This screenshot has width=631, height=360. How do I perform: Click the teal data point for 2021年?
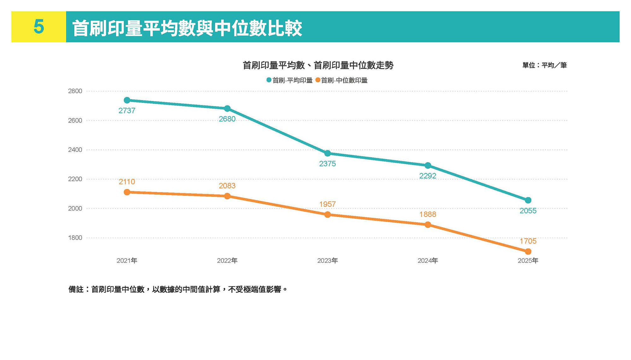click(x=127, y=100)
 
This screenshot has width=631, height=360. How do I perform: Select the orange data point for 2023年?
click(x=327, y=215)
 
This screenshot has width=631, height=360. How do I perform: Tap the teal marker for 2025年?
click(x=528, y=200)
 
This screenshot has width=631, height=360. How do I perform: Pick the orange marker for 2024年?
click(x=428, y=225)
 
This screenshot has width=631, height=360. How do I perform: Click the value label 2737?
click(x=127, y=111)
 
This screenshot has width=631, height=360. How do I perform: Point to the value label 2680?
click(x=227, y=119)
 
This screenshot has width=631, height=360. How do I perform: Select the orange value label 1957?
click(x=327, y=204)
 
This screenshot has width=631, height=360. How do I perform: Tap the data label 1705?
click(x=528, y=241)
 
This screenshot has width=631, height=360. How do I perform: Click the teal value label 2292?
click(x=428, y=176)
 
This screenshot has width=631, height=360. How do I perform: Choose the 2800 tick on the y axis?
click(x=75, y=91)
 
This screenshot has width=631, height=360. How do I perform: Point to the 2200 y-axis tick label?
click(x=75, y=179)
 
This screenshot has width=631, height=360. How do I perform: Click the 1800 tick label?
click(x=75, y=238)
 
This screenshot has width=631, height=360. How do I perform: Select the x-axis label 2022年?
click(x=227, y=261)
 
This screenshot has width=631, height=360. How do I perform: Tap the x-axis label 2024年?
click(x=428, y=261)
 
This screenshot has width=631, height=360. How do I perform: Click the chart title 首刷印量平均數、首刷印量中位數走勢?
click(x=318, y=65)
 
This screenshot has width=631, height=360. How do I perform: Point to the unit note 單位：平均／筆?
click(x=545, y=65)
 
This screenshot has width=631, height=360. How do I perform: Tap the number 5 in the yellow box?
click(x=39, y=27)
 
